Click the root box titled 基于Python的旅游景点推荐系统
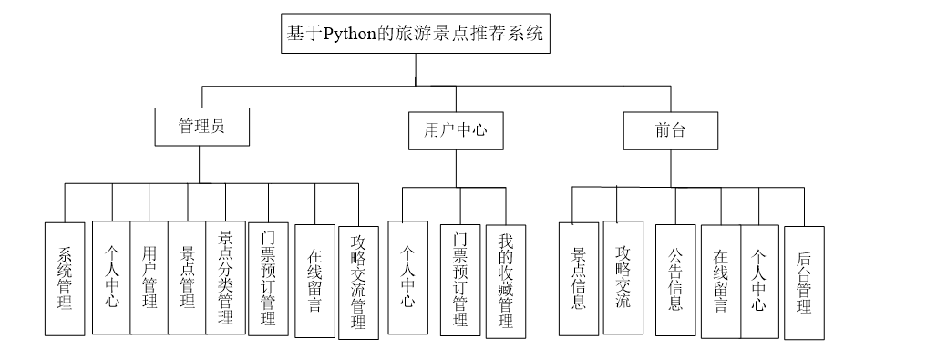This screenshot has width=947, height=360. click(x=415, y=36)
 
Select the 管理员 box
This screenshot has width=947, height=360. click(x=201, y=129)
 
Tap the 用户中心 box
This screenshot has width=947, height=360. click(x=455, y=130)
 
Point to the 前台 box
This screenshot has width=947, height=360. click(x=670, y=130)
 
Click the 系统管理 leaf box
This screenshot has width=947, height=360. click(x=65, y=279)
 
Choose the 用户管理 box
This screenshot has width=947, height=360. click(x=149, y=277)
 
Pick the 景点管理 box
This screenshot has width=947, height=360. click(x=188, y=277)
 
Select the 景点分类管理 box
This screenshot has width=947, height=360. click(x=225, y=277)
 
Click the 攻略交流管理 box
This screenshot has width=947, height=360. click(x=358, y=283)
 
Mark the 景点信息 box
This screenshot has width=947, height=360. click(x=578, y=277)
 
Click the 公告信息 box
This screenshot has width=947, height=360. click(x=675, y=278)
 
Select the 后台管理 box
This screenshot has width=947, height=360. click(x=804, y=283)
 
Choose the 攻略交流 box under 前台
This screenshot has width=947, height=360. click(x=623, y=277)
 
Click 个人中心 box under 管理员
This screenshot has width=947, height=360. click(x=111, y=277)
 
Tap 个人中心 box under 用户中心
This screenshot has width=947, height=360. click(x=407, y=277)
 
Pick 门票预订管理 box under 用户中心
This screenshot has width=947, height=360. click(x=460, y=280)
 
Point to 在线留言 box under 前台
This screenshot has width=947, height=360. click(x=720, y=280)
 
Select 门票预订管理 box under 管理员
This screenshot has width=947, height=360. click(x=268, y=279)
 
